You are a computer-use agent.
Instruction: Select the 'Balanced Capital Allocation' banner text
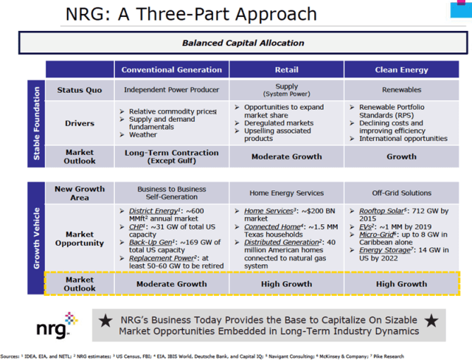point(243,43)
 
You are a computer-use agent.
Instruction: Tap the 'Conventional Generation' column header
point(171,70)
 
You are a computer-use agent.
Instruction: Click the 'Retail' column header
point(286,70)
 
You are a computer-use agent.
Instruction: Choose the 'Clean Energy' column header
point(401,70)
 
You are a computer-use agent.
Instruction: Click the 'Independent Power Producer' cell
point(171,90)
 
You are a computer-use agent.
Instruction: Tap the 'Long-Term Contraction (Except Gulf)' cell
point(171,156)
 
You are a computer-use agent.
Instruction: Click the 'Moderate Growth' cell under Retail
point(286,156)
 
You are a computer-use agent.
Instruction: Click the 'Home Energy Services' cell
point(286,193)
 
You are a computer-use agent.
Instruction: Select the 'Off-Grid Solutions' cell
point(401,193)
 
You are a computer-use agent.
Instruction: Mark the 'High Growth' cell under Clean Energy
point(401,283)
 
